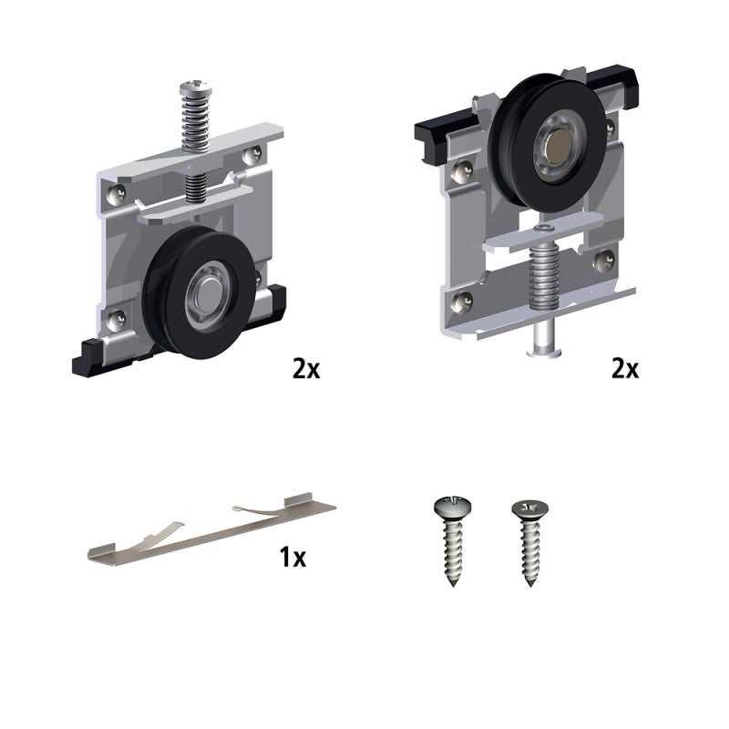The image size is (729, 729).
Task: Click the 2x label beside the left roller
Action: click(306, 369)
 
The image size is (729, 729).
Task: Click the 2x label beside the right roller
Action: click(625, 369)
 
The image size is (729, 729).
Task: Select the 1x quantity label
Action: click(293, 557)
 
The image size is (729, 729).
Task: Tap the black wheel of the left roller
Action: click(199, 293)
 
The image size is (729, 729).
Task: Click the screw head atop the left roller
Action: click(196, 88)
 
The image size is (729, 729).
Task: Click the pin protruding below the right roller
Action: click(544, 341)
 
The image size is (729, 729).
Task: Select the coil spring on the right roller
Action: click(544, 278)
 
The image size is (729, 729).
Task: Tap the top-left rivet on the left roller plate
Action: click(116, 195)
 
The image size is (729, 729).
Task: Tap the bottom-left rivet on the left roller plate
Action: click(117, 321)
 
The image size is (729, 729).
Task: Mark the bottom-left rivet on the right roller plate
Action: click(462, 303)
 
